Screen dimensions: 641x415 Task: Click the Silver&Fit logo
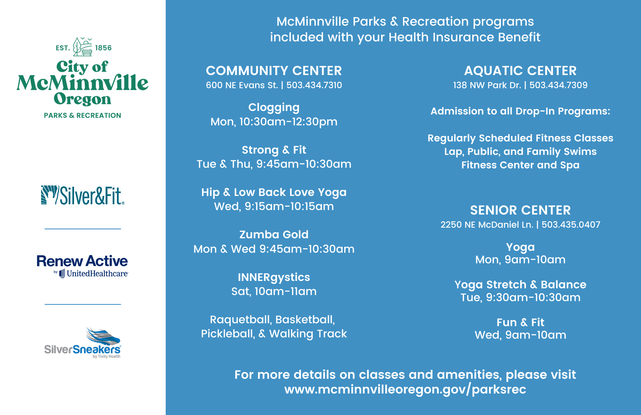click(x=83, y=195)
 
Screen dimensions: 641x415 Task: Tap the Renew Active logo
click(x=82, y=266)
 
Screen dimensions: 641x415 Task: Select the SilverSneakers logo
click(x=83, y=343)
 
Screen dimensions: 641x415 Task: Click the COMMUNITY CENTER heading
click(x=274, y=71)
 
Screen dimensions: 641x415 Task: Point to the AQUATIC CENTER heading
click(x=520, y=71)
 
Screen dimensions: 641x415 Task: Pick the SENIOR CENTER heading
click(x=520, y=210)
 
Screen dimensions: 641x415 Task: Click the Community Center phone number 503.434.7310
click(x=314, y=85)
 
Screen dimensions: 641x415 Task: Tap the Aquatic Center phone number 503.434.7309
click(x=559, y=85)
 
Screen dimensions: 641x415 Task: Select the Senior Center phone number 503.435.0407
click(x=571, y=224)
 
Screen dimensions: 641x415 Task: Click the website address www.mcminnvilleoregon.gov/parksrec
click(x=405, y=389)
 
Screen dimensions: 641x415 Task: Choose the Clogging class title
click(x=274, y=107)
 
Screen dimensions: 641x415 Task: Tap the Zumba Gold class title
click(x=274, y=234)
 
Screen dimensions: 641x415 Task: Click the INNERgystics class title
click(x=274, y=277)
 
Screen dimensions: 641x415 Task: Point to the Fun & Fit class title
click(x=520, y=322)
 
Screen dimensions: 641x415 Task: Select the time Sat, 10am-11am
click(x=274, y=292)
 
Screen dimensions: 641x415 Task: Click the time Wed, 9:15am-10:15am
click(x=274, y=207)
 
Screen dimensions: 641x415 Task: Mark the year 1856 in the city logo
click(x=104, y=48)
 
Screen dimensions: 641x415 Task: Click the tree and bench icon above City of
click(x=83, y=47)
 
